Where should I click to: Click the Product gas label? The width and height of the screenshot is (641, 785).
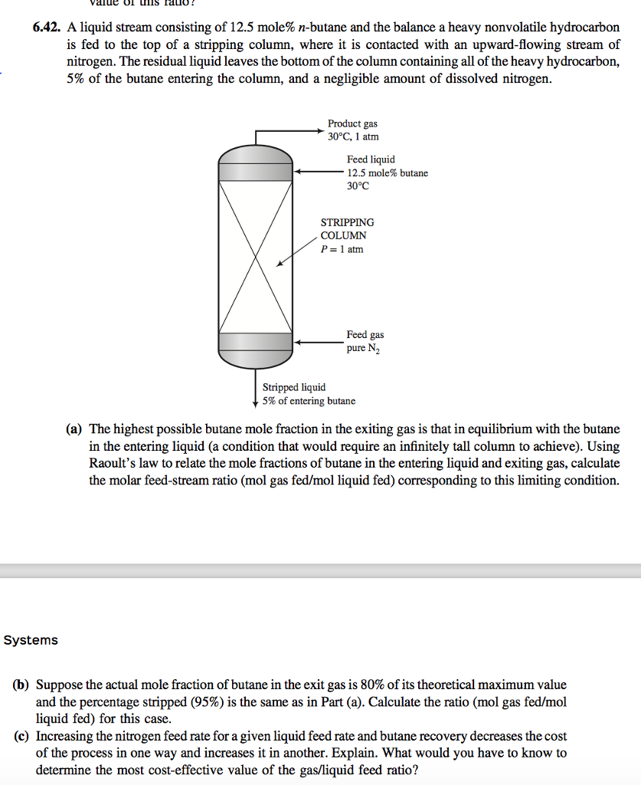click(352, 123)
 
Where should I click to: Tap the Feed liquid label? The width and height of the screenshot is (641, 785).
click(371, 159)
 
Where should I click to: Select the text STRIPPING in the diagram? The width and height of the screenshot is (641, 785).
click(347, 222)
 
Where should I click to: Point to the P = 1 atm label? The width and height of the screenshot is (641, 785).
click(342, 249)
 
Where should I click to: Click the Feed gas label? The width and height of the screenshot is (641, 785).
click(365, 335)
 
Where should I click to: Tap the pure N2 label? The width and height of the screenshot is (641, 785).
click(363, 349)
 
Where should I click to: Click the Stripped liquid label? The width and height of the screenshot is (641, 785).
click(294, 387)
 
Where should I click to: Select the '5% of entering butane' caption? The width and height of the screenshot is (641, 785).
click(309, 401)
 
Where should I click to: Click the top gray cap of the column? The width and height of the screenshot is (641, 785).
click(255, 162)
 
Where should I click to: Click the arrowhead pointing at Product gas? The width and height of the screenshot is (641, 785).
click(322, 131)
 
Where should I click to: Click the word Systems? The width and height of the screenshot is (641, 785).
click(31, 640)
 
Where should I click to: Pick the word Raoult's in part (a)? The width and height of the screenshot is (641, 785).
click(112, 464)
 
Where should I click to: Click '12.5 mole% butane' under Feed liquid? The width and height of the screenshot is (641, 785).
click(388, 173)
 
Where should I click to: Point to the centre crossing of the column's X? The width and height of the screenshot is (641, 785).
click(255, 257)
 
